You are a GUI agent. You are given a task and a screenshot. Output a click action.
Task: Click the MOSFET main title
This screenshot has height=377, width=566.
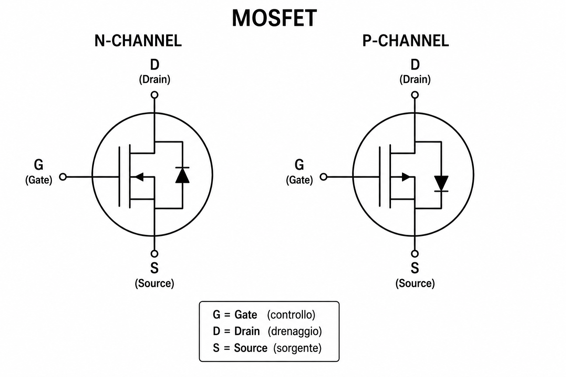click(x=274, y=18)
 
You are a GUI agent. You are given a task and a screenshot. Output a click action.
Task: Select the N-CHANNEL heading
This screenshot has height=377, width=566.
click(x=138, y=40)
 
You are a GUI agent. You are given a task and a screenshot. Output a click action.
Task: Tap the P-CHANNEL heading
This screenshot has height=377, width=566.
click(x=406, y=40)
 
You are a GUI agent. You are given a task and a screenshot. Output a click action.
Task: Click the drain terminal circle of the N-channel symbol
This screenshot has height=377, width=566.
click(x=154, y=95)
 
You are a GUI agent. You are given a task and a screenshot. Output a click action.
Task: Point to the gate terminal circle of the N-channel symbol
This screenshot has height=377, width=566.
click(x=63, y=177)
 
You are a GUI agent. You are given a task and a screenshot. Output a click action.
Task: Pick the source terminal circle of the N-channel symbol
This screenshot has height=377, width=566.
click(x=154, y=254)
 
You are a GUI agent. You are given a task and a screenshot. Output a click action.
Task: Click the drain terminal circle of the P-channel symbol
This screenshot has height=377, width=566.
click(x=415, y=95)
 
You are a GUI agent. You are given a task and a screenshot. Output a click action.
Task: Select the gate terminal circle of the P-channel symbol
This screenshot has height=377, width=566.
click(x=324, y=177)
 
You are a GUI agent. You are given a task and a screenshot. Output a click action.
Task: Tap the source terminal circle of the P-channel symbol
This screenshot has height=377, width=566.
click(x=415, y=254)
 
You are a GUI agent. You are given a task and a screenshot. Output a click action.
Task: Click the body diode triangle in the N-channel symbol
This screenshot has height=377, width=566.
click(x=182, y=175)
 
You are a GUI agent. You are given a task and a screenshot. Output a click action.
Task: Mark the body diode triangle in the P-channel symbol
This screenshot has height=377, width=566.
click(x=441, y=183)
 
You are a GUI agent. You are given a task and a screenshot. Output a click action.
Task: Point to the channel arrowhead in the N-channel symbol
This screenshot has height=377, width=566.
click(x=140, y=177)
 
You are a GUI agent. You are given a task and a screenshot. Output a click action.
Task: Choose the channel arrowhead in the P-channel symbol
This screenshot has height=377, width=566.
click(x=406, y=177)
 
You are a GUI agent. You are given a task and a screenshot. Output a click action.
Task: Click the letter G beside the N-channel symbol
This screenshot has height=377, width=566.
click(x=39, y=165)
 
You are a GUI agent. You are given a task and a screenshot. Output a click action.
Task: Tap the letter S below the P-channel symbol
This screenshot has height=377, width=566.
click(x=415, y=268)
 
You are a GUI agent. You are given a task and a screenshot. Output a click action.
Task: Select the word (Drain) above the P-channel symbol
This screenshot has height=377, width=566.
click(x=415, y=79)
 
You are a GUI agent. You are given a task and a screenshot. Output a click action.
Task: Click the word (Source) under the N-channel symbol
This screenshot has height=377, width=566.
click(x=154, y=283)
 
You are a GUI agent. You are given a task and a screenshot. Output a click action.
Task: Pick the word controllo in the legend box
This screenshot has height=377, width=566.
click(x=291, y=315)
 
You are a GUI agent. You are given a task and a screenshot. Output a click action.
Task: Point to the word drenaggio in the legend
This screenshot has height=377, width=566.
click(x=295, y=331)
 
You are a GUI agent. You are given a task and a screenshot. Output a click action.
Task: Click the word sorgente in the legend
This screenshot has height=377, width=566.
click(x=297, y=348)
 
